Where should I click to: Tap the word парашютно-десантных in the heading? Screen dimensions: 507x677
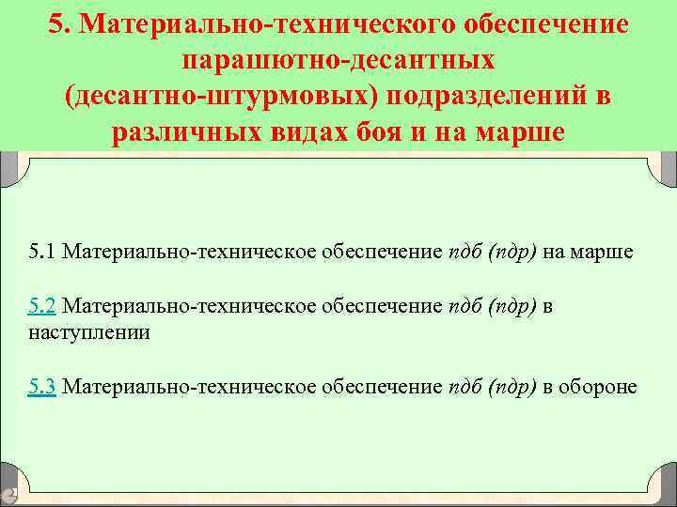tap(338, 60)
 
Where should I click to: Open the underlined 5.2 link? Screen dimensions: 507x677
tap(43, 305)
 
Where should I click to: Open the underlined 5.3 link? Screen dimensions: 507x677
tap(43, 386)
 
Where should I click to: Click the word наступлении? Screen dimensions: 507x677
tap(89, 332)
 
